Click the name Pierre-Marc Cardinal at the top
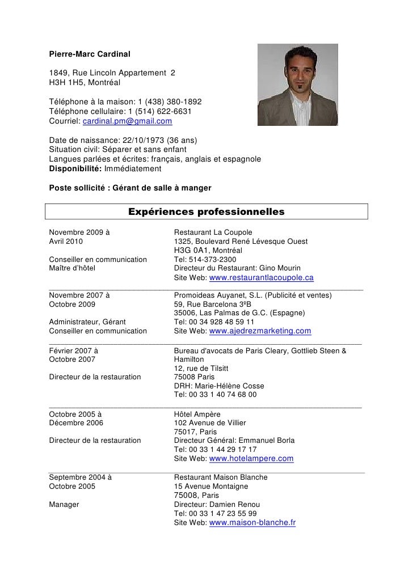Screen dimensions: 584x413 pyautogui.click(x=90, y=54)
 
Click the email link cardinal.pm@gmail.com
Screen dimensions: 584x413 pyautogui.click(x=128, y=121)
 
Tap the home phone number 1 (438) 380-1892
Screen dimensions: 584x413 pyautogui.click(x=165, y=102)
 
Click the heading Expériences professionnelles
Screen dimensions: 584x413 pyautogui.click(x=206, y=212)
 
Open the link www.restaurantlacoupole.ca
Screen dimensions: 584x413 pyautogui.click(x=262, y=278)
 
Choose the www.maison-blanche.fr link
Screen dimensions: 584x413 pyautogui.click(x=252, y=523)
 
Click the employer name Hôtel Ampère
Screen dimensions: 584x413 pyautogui.click(x=197, y=414)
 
